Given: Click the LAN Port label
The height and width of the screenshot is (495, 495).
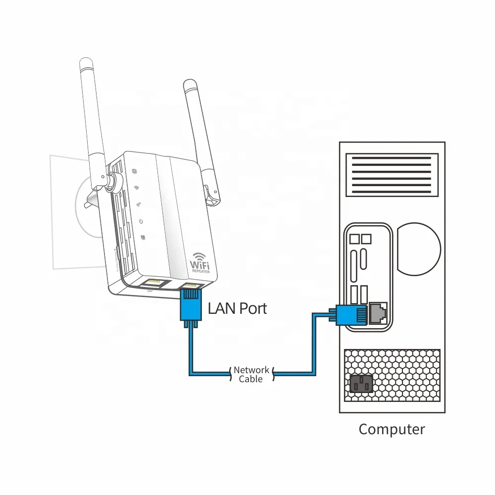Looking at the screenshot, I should coord(237,308).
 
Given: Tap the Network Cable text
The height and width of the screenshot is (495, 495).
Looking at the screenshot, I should coord(251,374).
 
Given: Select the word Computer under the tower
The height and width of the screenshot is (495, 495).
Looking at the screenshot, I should coord(392,429).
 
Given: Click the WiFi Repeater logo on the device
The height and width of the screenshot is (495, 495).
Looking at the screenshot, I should coord(199,263).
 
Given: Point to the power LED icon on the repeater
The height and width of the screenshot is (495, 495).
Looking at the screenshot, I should coord(141,221).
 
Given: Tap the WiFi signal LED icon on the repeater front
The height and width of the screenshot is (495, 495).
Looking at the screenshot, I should coord(137,189).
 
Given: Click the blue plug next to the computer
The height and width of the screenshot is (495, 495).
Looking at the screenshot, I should coord(352,314).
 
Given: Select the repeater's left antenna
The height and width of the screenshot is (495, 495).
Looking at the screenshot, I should coord(93,114).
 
